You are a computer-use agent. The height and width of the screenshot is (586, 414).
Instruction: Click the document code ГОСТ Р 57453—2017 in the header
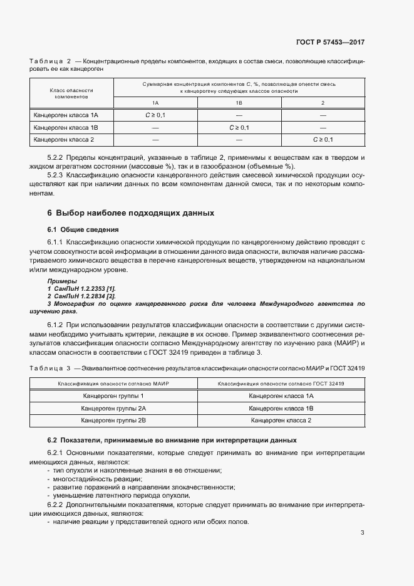(330, 43)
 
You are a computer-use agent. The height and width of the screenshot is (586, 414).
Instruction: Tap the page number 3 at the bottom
(362, 533)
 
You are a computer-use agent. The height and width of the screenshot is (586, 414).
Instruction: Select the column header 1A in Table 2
(155, 103)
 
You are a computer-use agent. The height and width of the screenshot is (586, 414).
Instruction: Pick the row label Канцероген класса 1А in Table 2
(66, 115)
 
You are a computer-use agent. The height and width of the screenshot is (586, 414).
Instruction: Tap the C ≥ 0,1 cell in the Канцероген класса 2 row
(323, 139)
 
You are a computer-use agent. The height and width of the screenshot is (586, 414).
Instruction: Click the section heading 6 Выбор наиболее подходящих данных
(131, 213)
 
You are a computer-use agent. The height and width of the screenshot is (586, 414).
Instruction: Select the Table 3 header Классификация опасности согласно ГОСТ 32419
(281, 383)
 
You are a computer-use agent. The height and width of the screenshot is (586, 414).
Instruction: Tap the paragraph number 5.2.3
(58, 176)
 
